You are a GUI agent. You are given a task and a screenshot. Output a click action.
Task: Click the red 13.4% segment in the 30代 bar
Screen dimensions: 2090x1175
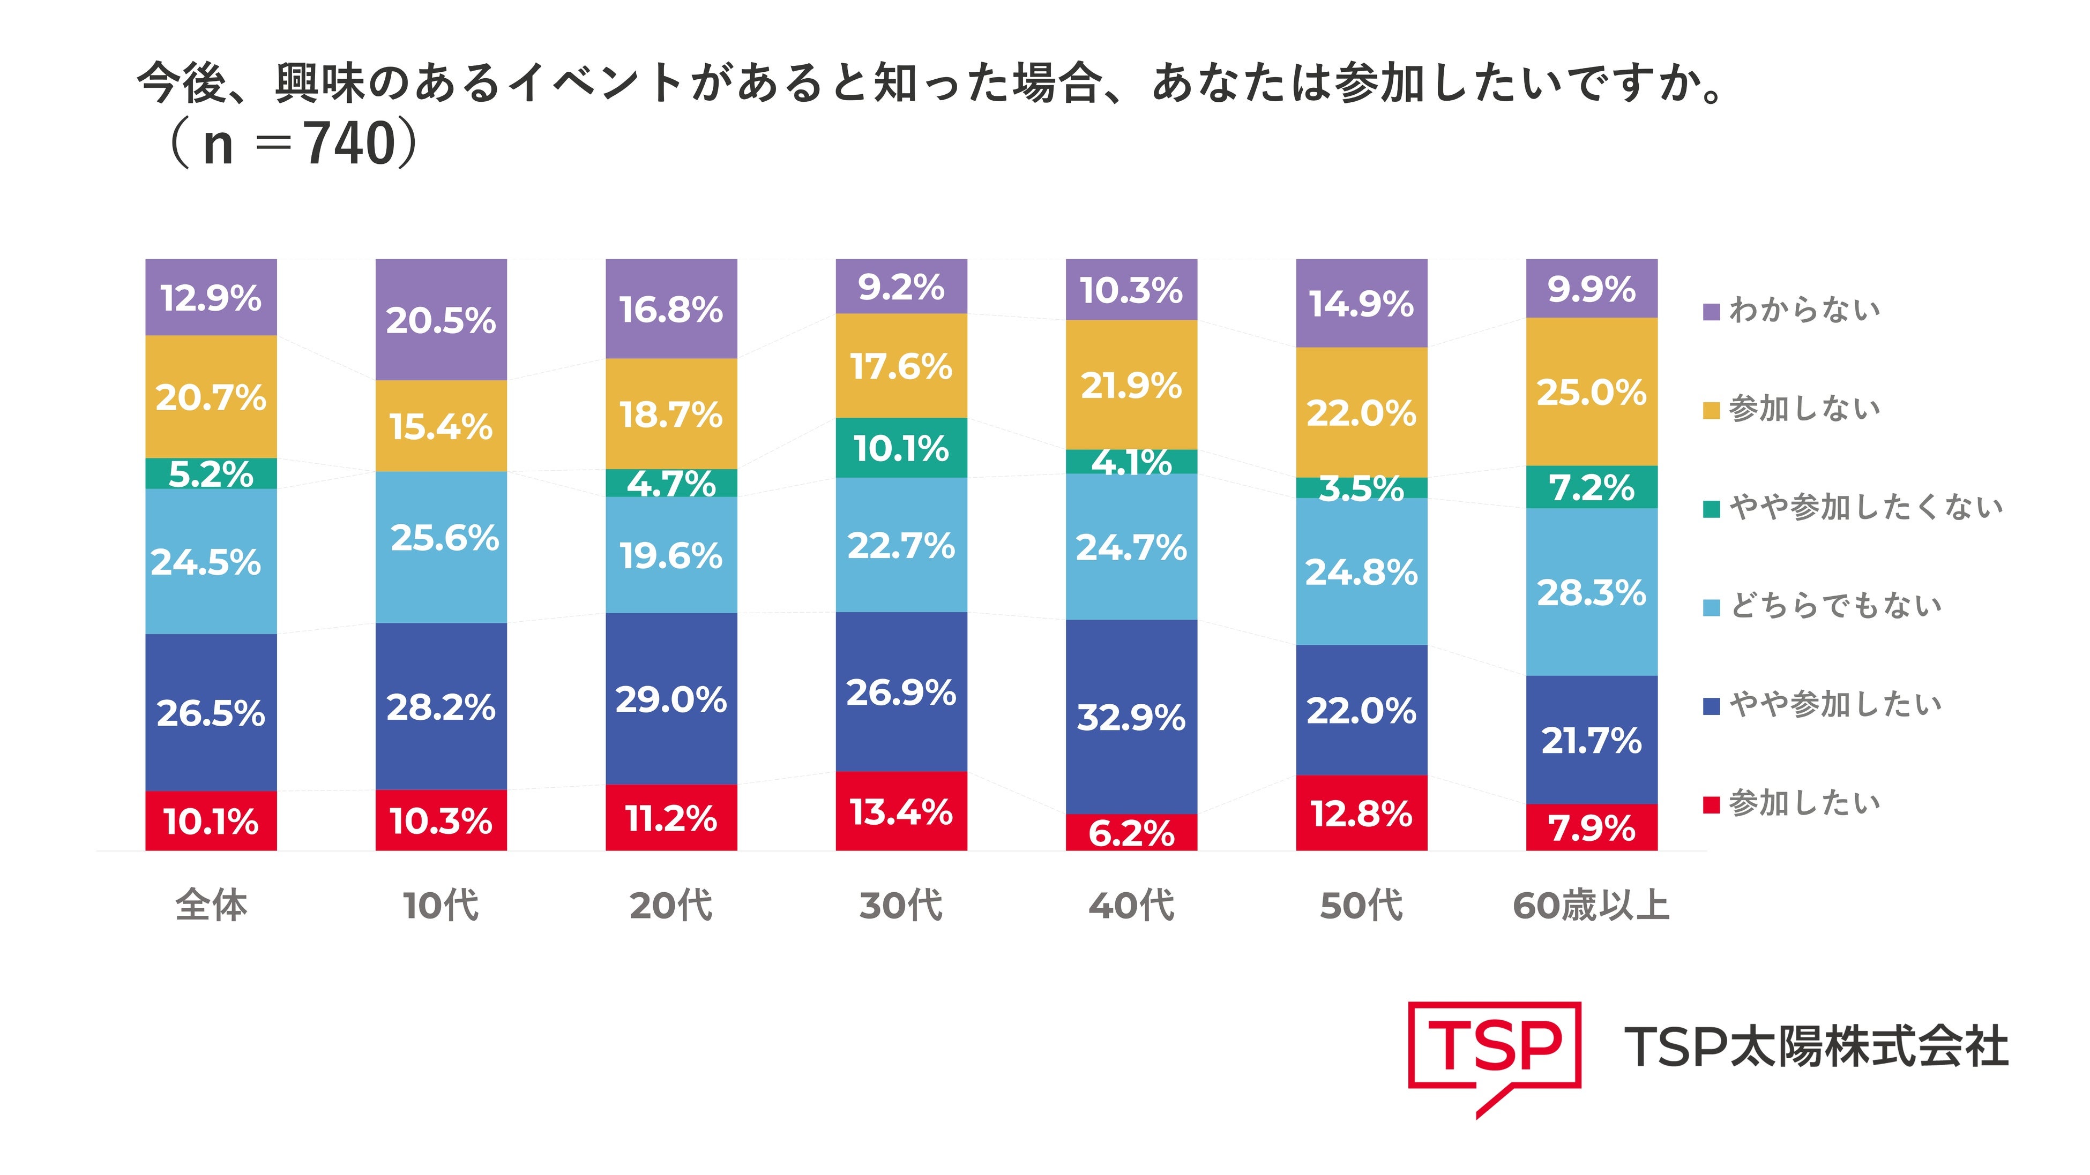[x=901, y=811]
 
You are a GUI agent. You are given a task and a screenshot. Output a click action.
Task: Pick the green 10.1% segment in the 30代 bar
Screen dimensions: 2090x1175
[x=901, y=448]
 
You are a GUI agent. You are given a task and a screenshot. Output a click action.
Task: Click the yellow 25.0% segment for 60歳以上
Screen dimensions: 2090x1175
[x=1591, y=391]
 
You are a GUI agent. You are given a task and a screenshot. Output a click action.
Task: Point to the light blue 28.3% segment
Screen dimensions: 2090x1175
[x=1591, y=592]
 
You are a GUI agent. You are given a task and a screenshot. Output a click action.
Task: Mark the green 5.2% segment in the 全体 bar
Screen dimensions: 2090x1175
[x=211, y=473]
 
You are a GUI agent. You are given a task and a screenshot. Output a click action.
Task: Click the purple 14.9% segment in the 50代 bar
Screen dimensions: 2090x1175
[x=1361, y=303]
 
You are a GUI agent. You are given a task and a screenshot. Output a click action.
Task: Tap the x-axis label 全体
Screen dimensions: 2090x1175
[x=211, y=906]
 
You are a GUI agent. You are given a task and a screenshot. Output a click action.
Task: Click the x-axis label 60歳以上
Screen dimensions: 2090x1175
[x=1591, y=906]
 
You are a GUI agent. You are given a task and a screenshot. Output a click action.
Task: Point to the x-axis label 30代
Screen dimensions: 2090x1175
[x=901, y=906]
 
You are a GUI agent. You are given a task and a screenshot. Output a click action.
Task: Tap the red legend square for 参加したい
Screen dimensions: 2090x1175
[x=1711, y=804]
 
